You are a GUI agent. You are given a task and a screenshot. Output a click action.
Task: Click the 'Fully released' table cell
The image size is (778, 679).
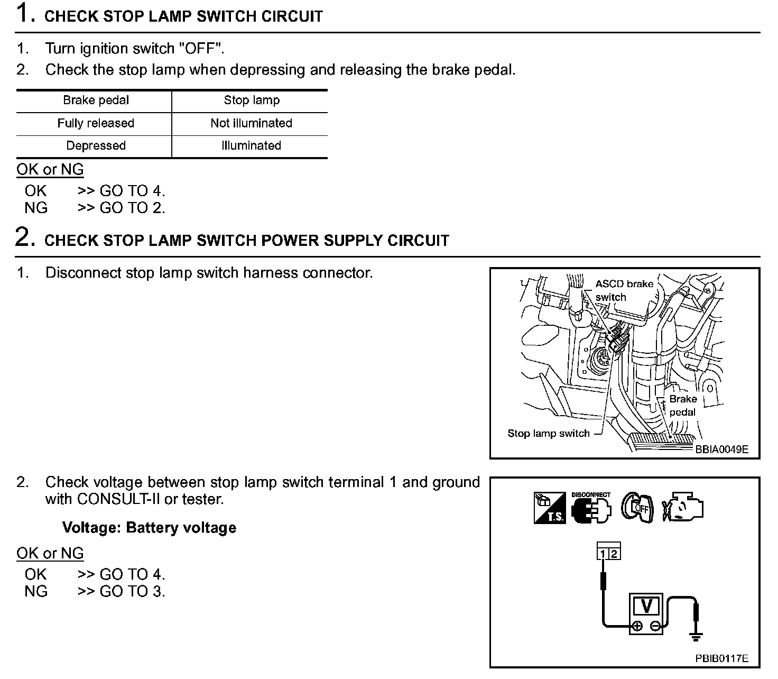coord(96,123)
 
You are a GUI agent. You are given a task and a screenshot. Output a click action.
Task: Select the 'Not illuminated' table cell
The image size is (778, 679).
coord(251,123)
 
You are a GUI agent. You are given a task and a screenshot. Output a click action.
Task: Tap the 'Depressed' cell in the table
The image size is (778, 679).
coord(96,146)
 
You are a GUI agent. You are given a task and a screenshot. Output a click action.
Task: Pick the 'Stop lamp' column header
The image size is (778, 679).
coord(252,100)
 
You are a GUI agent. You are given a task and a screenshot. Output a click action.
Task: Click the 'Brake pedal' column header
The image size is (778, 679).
coord(96,100)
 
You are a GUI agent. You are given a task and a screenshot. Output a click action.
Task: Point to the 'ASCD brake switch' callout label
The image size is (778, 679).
coord(624,290)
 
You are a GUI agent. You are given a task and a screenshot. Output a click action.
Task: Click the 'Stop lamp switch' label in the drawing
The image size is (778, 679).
coord(548,434)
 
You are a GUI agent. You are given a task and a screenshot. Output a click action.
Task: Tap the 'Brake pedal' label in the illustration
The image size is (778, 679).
coord(683,406)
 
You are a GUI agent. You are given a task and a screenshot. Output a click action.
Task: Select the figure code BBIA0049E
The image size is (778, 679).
coord(721,449)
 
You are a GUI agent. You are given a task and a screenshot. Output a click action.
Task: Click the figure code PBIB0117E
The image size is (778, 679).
coord(721,658)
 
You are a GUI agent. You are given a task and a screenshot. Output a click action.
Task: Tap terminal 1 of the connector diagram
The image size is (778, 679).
coord(603,554)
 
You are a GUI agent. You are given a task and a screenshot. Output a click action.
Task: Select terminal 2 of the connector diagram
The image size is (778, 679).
coord(614,554)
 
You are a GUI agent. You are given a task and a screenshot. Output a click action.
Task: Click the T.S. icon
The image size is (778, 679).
coord(550,508)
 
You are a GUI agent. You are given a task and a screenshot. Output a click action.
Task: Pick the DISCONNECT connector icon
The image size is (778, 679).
coord(591,508)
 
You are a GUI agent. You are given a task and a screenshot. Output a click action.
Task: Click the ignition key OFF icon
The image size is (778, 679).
coord(637,508)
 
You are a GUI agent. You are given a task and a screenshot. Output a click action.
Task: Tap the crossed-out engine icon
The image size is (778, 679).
coord(683,508)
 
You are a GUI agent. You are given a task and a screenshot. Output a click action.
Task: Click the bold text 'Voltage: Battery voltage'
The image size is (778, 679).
coord(149,528)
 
